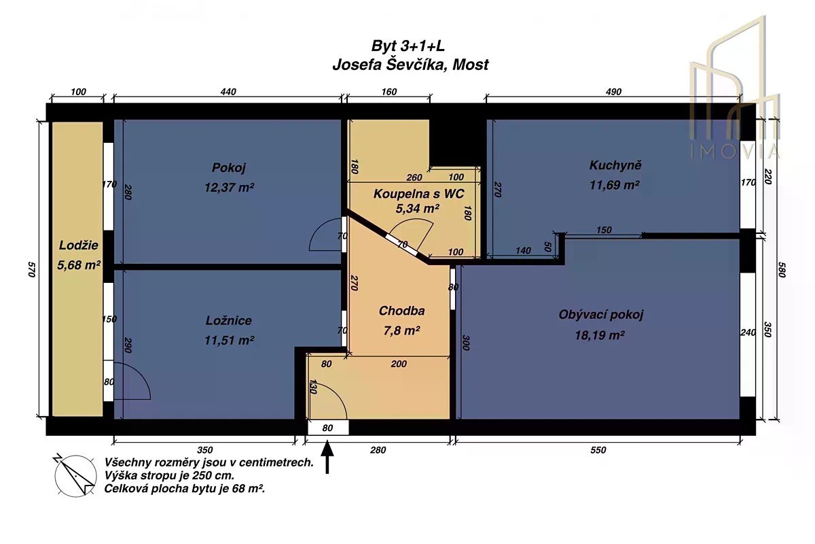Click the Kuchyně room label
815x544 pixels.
615,165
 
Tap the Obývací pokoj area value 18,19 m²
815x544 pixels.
600,335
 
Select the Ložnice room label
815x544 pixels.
228,321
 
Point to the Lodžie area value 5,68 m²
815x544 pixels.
79,265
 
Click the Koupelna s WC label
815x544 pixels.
419,194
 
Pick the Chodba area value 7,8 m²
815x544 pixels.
401,330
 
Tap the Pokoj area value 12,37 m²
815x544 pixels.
229,188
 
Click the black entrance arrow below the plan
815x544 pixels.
327,457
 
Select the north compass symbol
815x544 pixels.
75,475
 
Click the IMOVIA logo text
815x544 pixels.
735,152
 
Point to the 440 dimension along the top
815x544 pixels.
228,92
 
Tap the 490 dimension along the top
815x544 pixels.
613,92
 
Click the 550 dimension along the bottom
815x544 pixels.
598,450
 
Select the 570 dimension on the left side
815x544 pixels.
32,269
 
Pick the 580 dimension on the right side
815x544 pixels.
782,269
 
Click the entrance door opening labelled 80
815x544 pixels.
328,428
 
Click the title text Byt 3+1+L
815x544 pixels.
408,46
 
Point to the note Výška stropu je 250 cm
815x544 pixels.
169,475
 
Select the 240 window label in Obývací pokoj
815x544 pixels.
748,333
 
